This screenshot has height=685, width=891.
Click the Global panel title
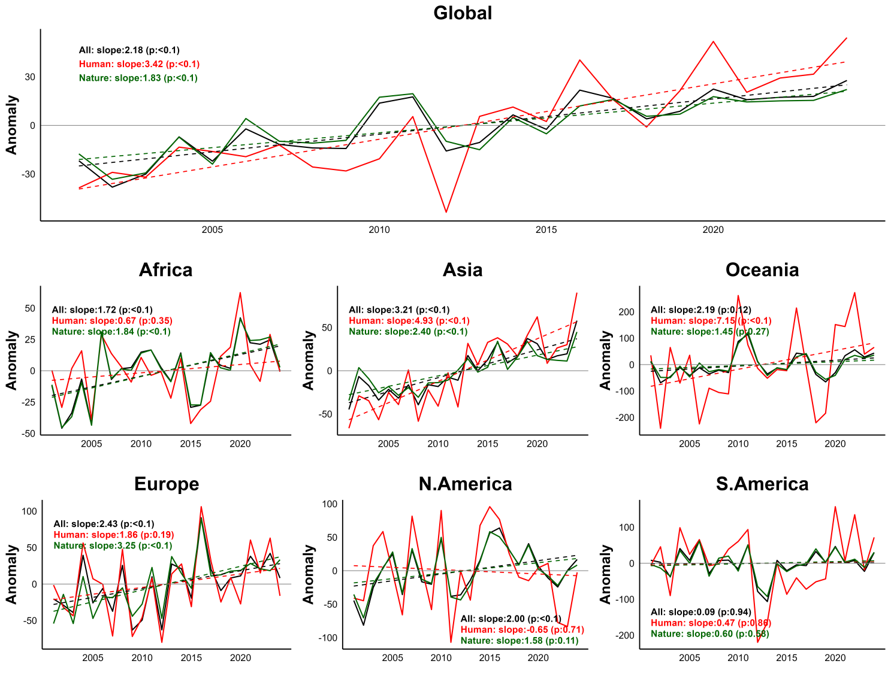coord(463,13)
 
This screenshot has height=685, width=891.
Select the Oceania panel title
coord(762,270)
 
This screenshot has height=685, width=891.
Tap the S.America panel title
coord(762,484)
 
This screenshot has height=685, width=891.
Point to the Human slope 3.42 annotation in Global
coord(139,64)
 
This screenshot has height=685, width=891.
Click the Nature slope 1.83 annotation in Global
coord(138,78)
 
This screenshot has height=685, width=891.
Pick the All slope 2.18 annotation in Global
coord(129,50)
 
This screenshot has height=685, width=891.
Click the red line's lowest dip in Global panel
coord(446,212)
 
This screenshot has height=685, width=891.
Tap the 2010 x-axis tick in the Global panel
coord(379,230)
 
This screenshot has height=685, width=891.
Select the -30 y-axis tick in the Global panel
coord(29,174)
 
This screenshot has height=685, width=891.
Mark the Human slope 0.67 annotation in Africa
coord(112,321)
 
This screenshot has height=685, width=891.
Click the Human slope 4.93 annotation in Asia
coord(409,321)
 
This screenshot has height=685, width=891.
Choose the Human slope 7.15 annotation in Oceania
coord(711,321)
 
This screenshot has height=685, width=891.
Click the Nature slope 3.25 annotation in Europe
coord(113,545)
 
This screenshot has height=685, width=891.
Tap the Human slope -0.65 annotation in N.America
coord(522,629)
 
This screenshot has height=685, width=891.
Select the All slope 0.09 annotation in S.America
coord(701,612)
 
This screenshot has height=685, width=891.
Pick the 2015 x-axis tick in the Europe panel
coord(191,658)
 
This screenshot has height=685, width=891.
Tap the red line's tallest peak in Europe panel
coord(201,507)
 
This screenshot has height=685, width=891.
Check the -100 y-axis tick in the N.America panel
coord(328,638)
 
